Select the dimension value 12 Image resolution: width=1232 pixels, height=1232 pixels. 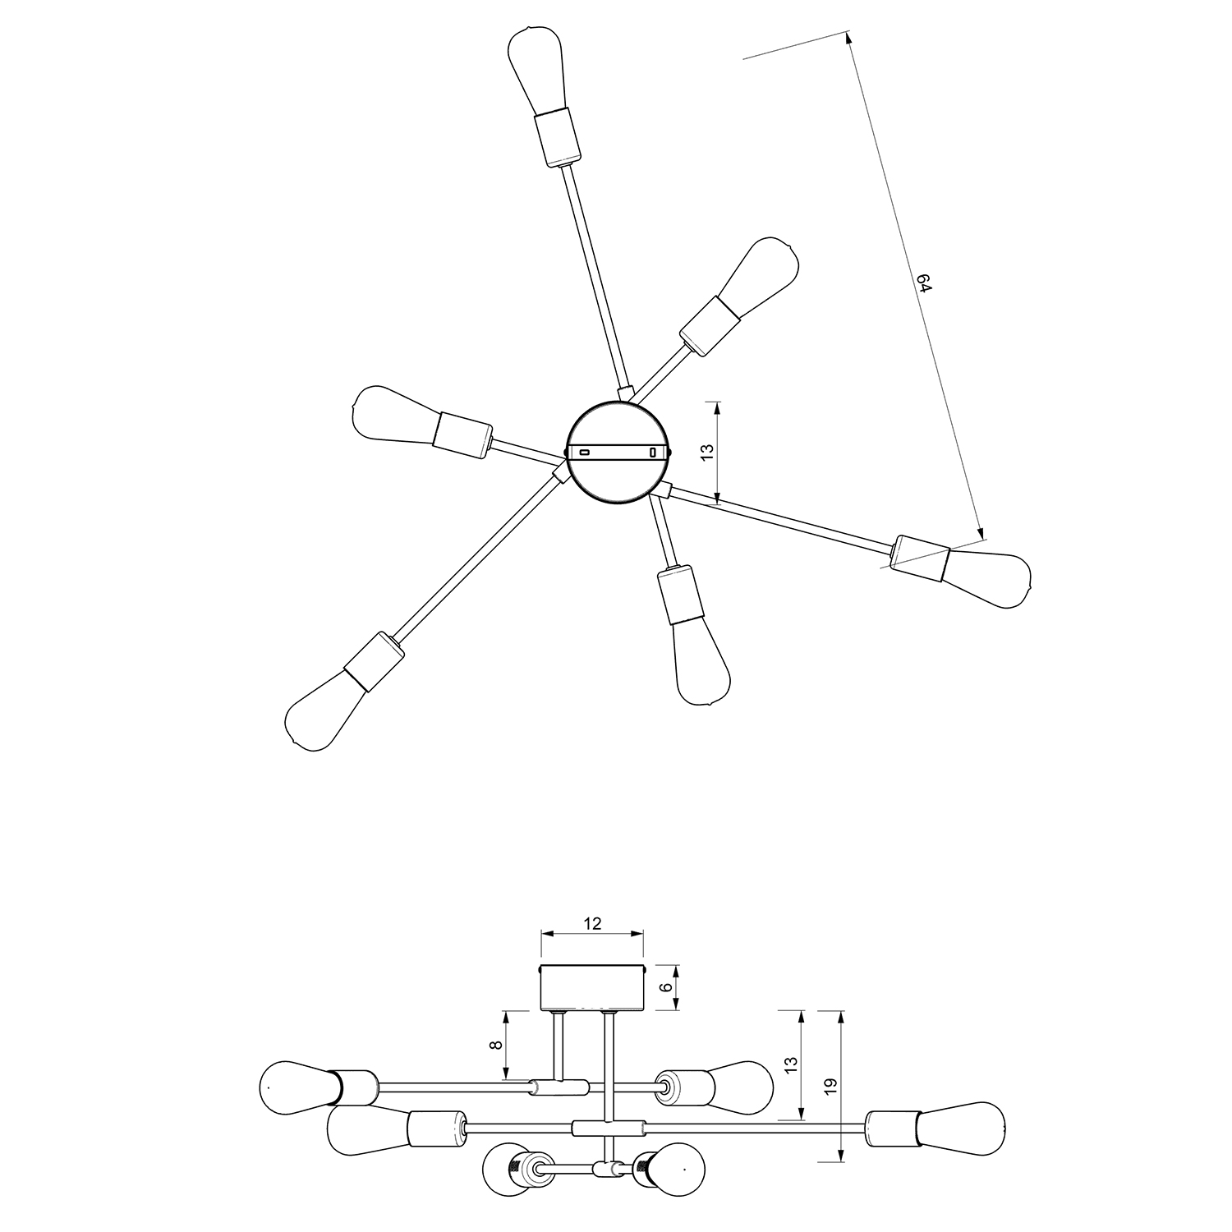coord(592,923)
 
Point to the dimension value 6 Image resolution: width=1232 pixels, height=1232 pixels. coord(666,988)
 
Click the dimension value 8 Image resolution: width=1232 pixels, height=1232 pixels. coord(494,1046)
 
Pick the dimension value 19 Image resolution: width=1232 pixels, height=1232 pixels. coord(830,1085)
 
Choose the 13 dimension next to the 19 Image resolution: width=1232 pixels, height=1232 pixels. coord(790,1065)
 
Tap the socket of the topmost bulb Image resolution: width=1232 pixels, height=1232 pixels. coord(557,138)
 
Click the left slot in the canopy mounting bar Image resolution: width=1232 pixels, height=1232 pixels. coord(585,452)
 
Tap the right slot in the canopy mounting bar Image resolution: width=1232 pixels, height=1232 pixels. coord(653,452)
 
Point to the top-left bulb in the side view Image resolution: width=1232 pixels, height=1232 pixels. coord(293,1087)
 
